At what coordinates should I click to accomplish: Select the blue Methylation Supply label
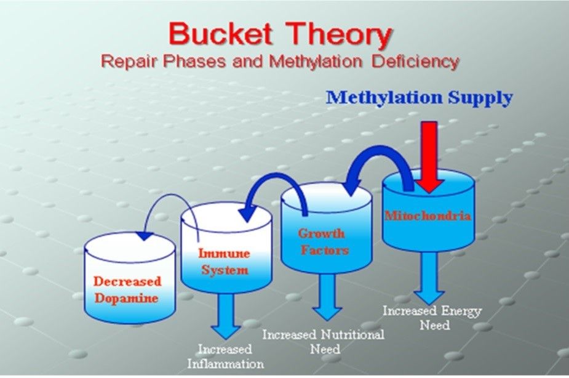pyautogui.click(x=419, y=98)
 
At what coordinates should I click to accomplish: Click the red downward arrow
pyautogui.click(x=429, y=157)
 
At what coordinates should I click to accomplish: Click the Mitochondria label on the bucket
pyautogui.click(x=428, y=216)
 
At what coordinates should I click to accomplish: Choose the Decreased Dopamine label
pyautogui.click(x=127, y=290)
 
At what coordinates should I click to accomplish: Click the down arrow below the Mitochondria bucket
pyautogui.click(x=429, y=278)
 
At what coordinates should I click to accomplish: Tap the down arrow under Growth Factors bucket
pyautogui.click(x=327, y=297)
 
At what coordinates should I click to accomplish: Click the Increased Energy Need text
pyautogui.click(x=432, y=318)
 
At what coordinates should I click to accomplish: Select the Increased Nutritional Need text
pyautogui.click(x=324, y=342)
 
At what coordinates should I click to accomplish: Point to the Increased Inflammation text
pyautogui.click(x=225, y=356)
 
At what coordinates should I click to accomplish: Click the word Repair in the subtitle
pyautogui.click(x=130, y=62)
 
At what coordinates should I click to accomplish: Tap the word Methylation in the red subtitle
pyautogui.click(x=316, y=62)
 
